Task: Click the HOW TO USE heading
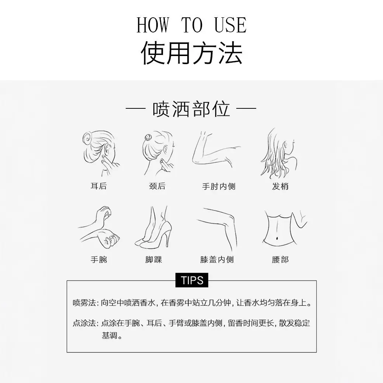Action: click(192, 25)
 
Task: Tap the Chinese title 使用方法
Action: click(192, 52)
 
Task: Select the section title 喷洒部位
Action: click(191, 109)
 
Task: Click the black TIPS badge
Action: click(192, 280)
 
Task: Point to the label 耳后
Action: click(99, 186)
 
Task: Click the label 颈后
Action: click(157, 186)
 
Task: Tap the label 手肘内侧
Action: click(219, 187)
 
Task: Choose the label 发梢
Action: click(280, 187)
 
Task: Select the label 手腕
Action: click(99, 259)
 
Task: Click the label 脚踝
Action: click(154, 259)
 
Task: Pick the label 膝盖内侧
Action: click(217, 259)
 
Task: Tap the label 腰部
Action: click(280, 259)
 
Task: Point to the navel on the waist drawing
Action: click(278, 238)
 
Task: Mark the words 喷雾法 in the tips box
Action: click(84, 303)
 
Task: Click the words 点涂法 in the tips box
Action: click(84, 323)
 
